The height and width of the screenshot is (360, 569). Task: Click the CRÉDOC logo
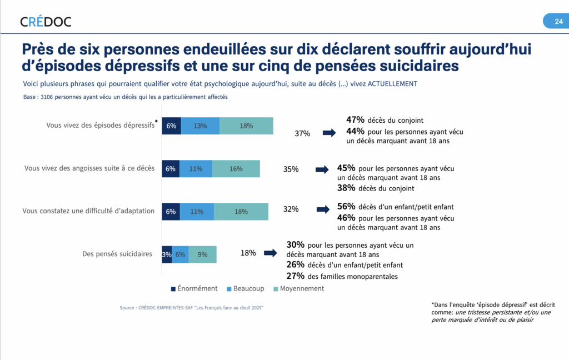pos(46,22)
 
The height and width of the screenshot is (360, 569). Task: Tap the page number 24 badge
pos(558,22)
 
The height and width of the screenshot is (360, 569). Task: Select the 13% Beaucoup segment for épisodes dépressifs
pos(200,126)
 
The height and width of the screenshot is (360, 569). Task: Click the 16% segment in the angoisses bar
pos(236,169)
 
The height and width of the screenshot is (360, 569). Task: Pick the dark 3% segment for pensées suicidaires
pos(167,254)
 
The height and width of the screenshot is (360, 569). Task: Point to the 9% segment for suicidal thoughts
pos(203,254)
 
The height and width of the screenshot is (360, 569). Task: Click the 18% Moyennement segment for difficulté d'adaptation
pos(241,212)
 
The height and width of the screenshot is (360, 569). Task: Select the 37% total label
pos(302,133)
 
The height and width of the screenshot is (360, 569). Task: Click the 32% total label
pos(291,209)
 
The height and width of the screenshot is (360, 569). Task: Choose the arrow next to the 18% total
pos(270,253)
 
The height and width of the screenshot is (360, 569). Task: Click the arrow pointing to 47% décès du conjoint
pos(330,133)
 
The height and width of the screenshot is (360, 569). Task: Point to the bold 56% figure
pos(347,207)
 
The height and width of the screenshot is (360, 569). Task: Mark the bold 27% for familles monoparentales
pos(296,276)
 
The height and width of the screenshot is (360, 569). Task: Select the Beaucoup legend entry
pos(245,288)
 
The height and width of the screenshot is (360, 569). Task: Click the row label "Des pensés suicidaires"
pos(117,254)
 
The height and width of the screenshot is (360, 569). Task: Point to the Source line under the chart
pos(191,307)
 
